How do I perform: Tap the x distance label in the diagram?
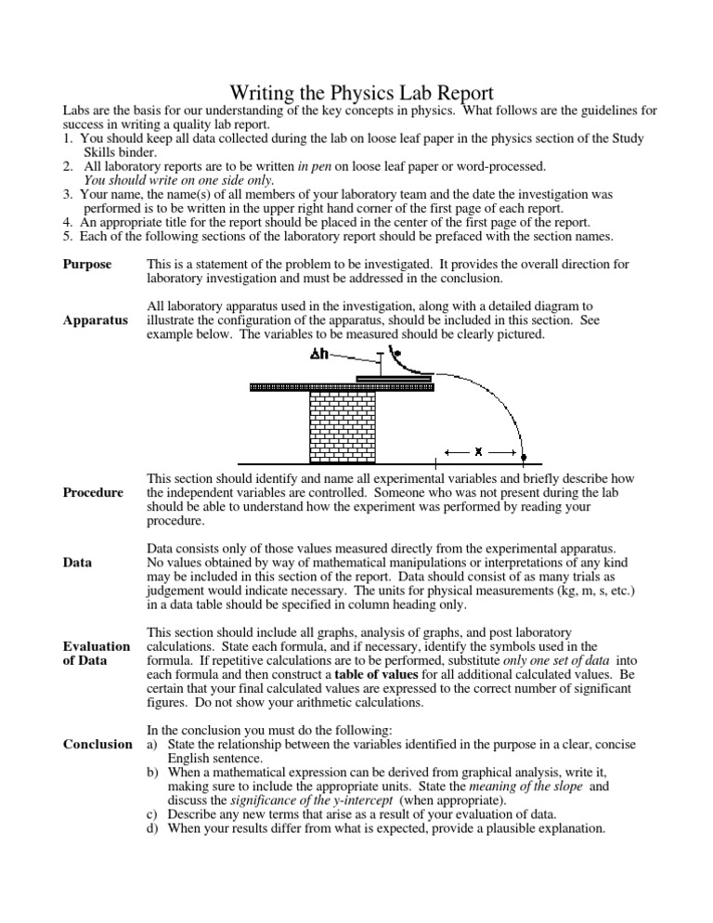click(478, 452)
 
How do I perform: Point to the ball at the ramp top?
click(396, 353)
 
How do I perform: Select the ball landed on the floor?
click(524, 458)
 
